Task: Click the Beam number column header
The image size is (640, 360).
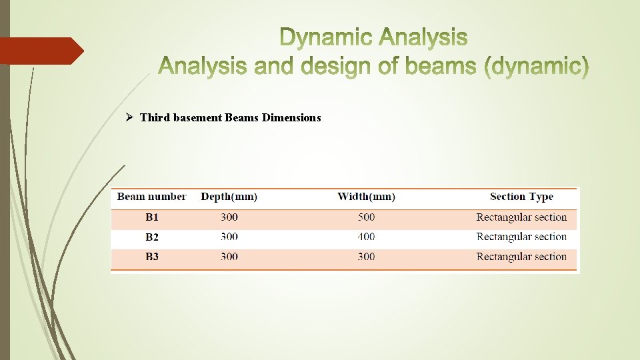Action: [x=151, y=197]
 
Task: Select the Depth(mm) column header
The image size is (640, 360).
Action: [x=229, y=197]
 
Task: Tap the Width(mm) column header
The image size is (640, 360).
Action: [x=366, y=197]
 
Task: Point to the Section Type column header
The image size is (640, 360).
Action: [x=521, y=197]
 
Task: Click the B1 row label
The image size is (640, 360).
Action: [x=152, y=217]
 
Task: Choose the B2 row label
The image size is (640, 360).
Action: [x=152, y=237]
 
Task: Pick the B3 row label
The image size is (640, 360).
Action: [x=152, y=257]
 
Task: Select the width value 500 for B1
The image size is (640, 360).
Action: [x=366, y=217]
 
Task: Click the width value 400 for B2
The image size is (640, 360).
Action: [x=366, y=237]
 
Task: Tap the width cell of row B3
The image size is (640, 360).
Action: [x=366, y=257]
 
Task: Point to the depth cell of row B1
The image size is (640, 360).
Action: [x=229, y=217]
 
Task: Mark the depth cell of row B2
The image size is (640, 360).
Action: [x=229, y=237]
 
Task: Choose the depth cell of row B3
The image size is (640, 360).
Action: [x=229, y=257]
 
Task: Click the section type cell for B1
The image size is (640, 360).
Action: [x=521, y=217]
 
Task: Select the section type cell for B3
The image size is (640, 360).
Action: [x=521, y=257]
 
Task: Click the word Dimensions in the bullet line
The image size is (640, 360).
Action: [x=291, y=118]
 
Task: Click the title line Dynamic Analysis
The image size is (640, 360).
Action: [x=373, y=38]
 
